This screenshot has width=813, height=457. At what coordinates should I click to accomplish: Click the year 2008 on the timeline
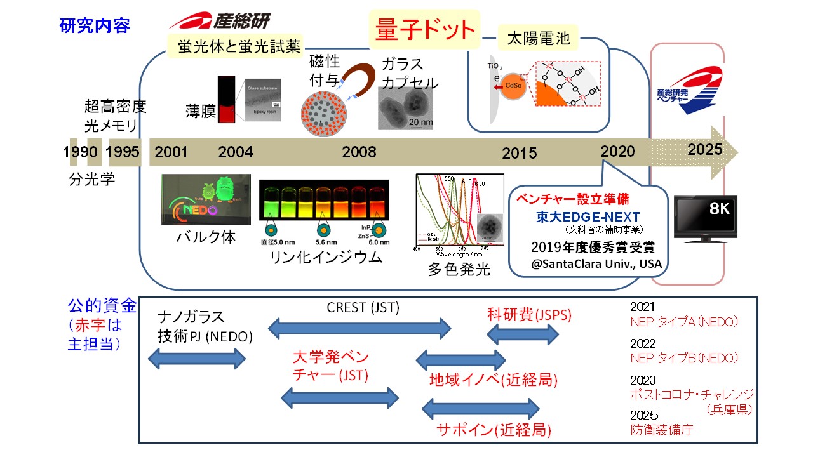[x=359, y=152]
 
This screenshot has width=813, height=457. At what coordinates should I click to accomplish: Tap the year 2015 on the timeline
[x=519, y=154]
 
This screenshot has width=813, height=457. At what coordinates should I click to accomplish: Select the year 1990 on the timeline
[x=80, y=152]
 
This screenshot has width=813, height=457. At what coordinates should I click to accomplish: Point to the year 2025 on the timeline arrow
[x=705, y=150]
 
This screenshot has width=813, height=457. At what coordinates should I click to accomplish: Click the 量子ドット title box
[x=425, y=29]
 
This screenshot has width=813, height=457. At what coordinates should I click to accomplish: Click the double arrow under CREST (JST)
[x=359, y=329]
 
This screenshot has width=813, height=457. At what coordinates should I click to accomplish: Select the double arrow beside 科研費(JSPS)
[x=523, y=334]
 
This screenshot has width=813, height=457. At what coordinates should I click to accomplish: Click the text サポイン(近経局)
[x=494, y=430]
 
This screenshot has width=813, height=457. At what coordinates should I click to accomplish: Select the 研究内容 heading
[x=95, y=26]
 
